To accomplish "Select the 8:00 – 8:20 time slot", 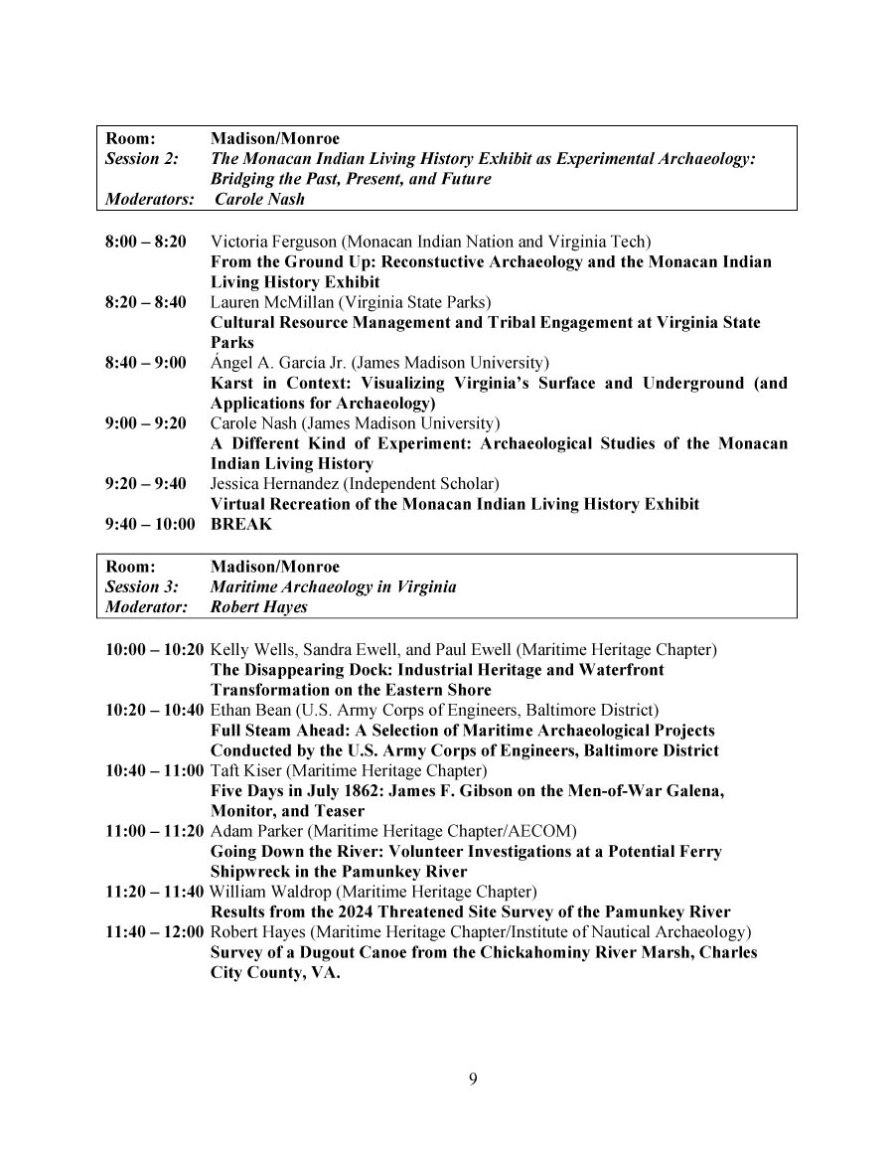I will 145,242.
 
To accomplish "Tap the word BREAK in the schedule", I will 241,525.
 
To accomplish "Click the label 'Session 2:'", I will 141,159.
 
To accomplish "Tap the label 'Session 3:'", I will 141,586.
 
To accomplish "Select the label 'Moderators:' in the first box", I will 149,199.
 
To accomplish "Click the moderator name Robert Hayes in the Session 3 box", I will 259,606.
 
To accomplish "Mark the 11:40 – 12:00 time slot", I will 155,932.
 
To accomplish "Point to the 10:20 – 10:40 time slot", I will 155,710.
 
